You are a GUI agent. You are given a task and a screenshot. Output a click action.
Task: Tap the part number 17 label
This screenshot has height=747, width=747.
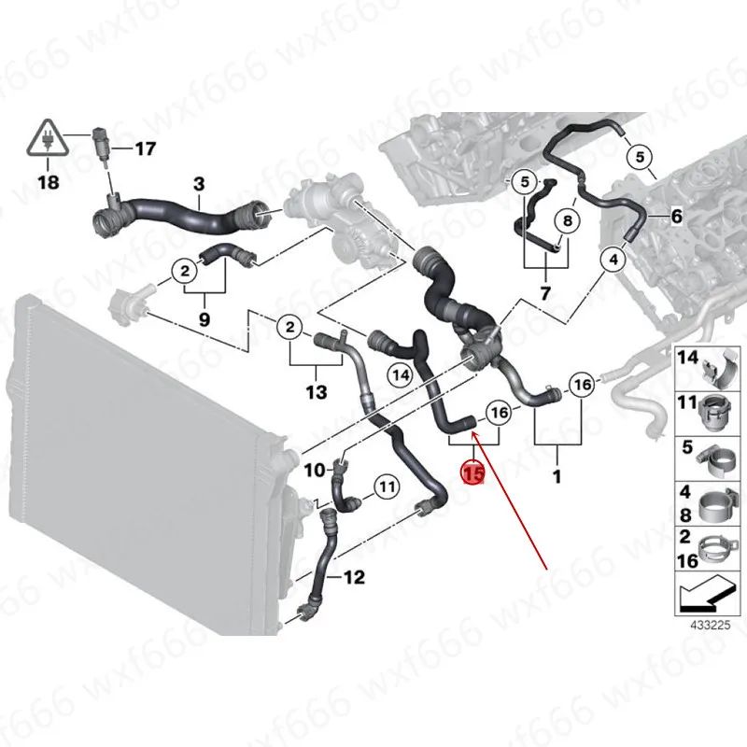(146, 148)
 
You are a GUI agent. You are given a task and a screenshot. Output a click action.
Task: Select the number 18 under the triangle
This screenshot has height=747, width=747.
(48, 181)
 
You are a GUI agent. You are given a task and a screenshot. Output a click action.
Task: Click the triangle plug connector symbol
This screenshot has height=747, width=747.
(48, 137)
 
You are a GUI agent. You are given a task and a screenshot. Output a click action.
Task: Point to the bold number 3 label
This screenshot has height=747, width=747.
(199, 184)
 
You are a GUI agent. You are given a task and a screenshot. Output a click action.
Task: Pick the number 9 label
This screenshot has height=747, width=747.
(204, 318)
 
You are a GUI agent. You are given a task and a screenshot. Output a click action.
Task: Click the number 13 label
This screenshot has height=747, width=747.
(317, 392)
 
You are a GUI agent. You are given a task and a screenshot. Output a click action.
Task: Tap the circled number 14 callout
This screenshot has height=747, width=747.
(401, 375)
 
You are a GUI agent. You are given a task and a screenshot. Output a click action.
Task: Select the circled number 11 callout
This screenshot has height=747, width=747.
(387, 486)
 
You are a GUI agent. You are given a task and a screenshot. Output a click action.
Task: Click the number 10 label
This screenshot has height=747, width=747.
(315, 471)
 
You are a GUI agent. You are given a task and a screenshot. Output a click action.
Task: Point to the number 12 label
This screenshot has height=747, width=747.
(354, 577)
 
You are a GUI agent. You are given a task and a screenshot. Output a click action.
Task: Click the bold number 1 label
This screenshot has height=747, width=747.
(557, 475)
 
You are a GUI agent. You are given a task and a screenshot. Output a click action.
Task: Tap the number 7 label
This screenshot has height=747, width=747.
(545, 292)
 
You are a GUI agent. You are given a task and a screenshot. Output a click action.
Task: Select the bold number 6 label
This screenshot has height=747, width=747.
(676, 217)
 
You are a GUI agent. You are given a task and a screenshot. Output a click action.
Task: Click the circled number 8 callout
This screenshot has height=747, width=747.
(567, 220)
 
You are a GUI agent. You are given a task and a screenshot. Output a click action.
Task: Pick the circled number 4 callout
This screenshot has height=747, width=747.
(613, 260)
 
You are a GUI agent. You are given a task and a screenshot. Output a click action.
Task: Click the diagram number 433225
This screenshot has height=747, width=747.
(711, 625)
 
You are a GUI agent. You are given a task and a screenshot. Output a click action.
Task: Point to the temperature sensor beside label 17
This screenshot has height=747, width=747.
(102, 146)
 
